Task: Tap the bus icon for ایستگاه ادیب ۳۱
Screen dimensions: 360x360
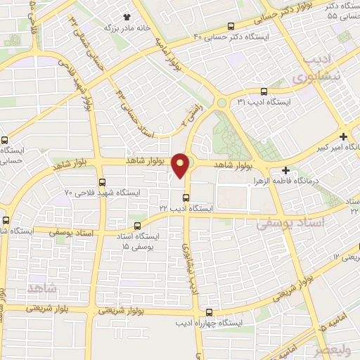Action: pos(264,91)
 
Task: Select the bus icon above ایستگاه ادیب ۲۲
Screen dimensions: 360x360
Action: pos(186,197)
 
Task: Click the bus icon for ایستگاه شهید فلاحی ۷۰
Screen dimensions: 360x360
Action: pos(103,182)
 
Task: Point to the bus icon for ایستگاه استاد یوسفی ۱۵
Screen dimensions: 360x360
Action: pos(137,226)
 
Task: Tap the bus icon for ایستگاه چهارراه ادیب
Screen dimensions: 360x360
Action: pos(209,313)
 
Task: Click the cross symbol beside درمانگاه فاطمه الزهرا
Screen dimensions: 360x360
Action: pos(285,170)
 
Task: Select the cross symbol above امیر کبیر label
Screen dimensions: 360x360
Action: pos(342,136)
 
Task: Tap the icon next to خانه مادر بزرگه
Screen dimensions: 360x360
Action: pos(127,17)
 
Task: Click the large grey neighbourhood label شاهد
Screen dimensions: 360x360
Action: pos(41,288)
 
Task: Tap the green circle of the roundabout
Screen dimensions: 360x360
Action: pos(221,103)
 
